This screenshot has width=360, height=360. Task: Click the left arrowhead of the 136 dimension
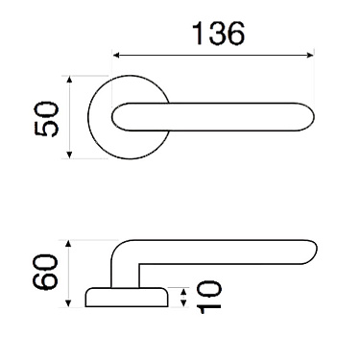pyautogui.click(x=117, y=55)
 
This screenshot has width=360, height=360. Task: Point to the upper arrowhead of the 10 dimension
pyautogui.click(x=184, y=289)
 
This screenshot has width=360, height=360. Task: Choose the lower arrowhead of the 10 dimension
pyautogui.click(x=184, y=304)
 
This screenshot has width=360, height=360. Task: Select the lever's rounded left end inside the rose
pyautogui.click(x=117, y=117)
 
